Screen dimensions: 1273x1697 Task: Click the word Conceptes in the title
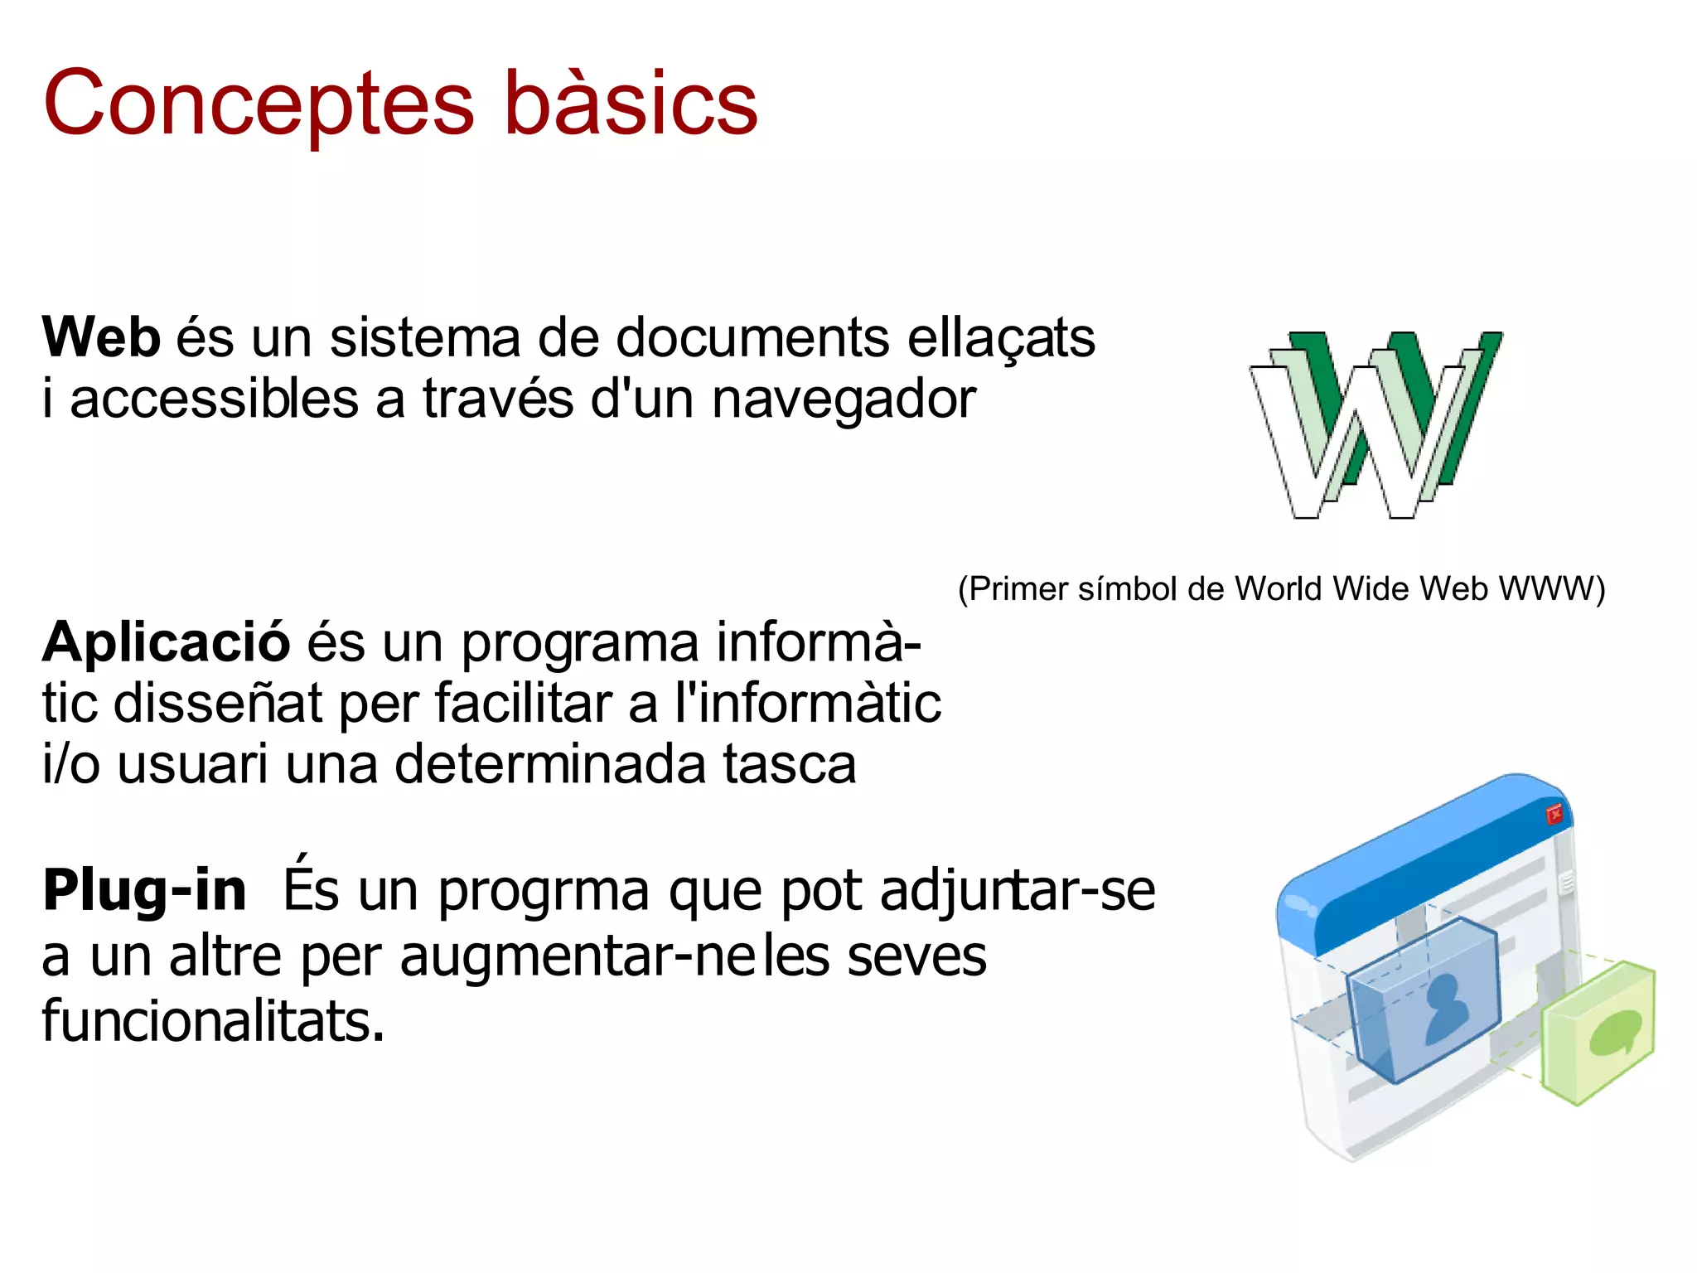coord(259,104)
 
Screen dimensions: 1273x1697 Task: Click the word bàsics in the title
coord(631,104)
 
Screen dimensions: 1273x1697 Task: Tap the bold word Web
coord(101,338)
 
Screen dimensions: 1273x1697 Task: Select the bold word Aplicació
coord(167,642)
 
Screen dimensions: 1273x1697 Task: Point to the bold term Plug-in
coord(145,891)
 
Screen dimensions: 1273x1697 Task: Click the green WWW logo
coord(1375,424)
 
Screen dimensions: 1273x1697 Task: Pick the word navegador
coord(844,399)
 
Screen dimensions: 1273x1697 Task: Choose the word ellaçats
coord(1001,338)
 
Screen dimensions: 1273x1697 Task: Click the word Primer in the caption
coord(1018,589)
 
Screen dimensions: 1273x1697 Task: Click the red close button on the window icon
coord(1554,814)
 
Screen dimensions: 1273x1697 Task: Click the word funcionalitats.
coord(213,1021)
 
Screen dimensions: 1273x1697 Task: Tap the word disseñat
coord(218,704)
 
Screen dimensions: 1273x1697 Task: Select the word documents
coord(753,338)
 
